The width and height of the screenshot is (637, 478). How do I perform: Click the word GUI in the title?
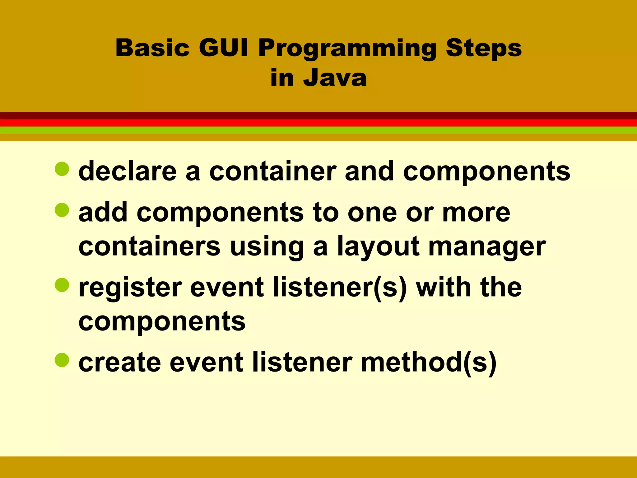pos(223,48)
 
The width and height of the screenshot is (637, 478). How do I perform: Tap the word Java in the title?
pos(335,78)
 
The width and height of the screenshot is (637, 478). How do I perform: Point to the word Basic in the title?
pos(152,48)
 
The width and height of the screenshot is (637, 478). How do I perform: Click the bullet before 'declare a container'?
pos(62,169)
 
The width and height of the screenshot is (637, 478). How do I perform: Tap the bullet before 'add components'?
pos(62,210)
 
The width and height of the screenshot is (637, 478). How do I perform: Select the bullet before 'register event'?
pos(62,285)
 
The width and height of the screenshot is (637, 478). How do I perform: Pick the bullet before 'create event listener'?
pos(62,360)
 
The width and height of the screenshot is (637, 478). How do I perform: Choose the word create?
pos(120,362)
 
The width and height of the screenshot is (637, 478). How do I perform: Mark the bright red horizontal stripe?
pos(318,123)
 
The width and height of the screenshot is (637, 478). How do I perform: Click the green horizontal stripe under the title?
pos(318,130)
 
